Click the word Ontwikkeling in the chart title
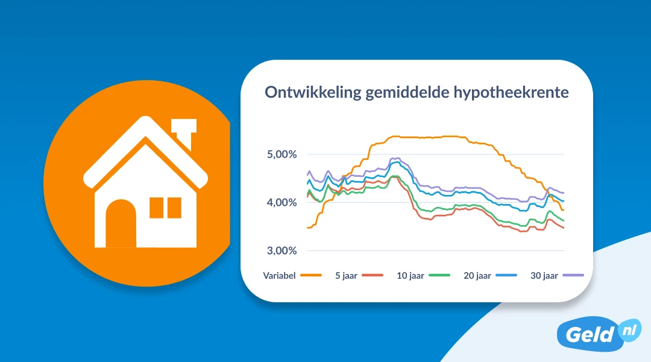click(313, 94)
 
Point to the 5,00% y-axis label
click(281, 154)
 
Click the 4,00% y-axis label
click(281, 203)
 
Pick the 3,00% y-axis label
click(281, 250)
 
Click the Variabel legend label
click(279, 276)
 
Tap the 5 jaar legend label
click(346, 276)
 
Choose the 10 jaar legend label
click(410, 276)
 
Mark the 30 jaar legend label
click(544, 276)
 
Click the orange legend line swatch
click(310, 276)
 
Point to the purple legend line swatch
click(573, 275)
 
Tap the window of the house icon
click(165, 208)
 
